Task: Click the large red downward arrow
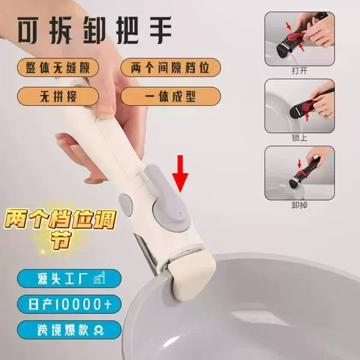[x=180, y=173]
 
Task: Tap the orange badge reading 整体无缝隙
[x=58, y=67]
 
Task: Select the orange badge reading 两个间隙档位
[x=170, y=67]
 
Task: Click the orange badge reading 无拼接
[x=58, y=96]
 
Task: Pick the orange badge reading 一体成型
[x=170, y=96]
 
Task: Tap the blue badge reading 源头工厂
[x=69, y=278]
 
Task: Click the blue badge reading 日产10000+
[x=69, y=304]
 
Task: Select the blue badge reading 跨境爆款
[x=69, y=330]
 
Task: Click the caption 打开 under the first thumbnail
[x=299, y=71]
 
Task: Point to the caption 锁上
[x=299, y=138]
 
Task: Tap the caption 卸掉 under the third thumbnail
[x=299, y=205]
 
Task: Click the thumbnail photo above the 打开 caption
[x=299, y=39]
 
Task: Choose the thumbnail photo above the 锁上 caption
[x=299, y=106]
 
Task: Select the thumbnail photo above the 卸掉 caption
[x=299, y=173]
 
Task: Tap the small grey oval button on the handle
[x=126, y=203]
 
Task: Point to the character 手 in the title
[x=161, y=29]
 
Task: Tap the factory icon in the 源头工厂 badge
[x=100, y=278]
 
